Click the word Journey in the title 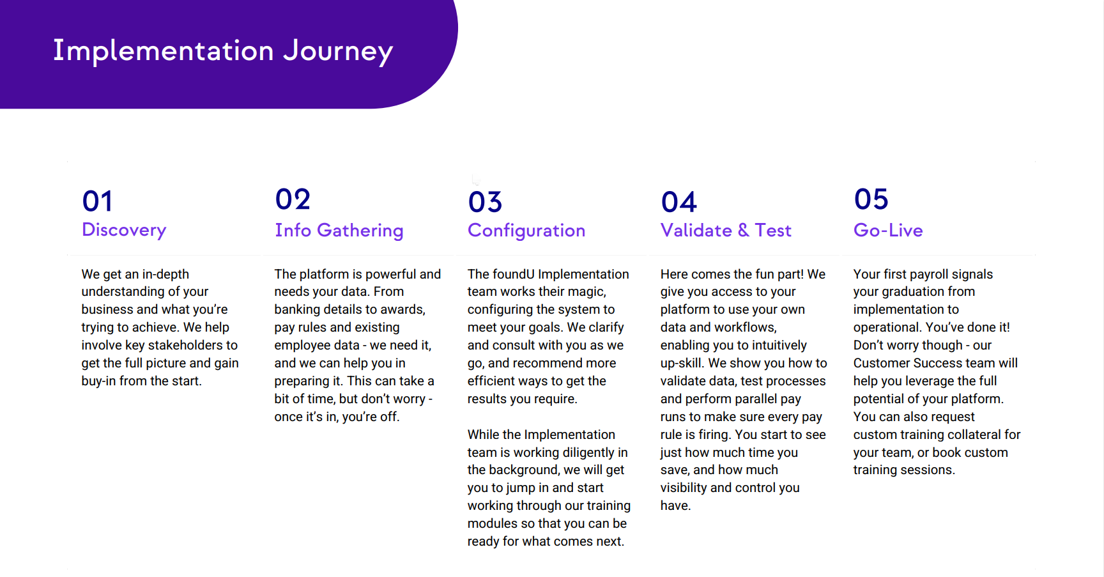point(338,51)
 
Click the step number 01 point(98,202)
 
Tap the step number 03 point(486,202)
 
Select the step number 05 point(871,199)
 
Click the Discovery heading point(124,230)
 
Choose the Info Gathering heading point(339,231)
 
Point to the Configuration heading point(526,231)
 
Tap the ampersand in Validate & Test point(743,230)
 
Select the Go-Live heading point(888,230)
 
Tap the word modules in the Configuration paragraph point(493,523)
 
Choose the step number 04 point(679,202)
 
